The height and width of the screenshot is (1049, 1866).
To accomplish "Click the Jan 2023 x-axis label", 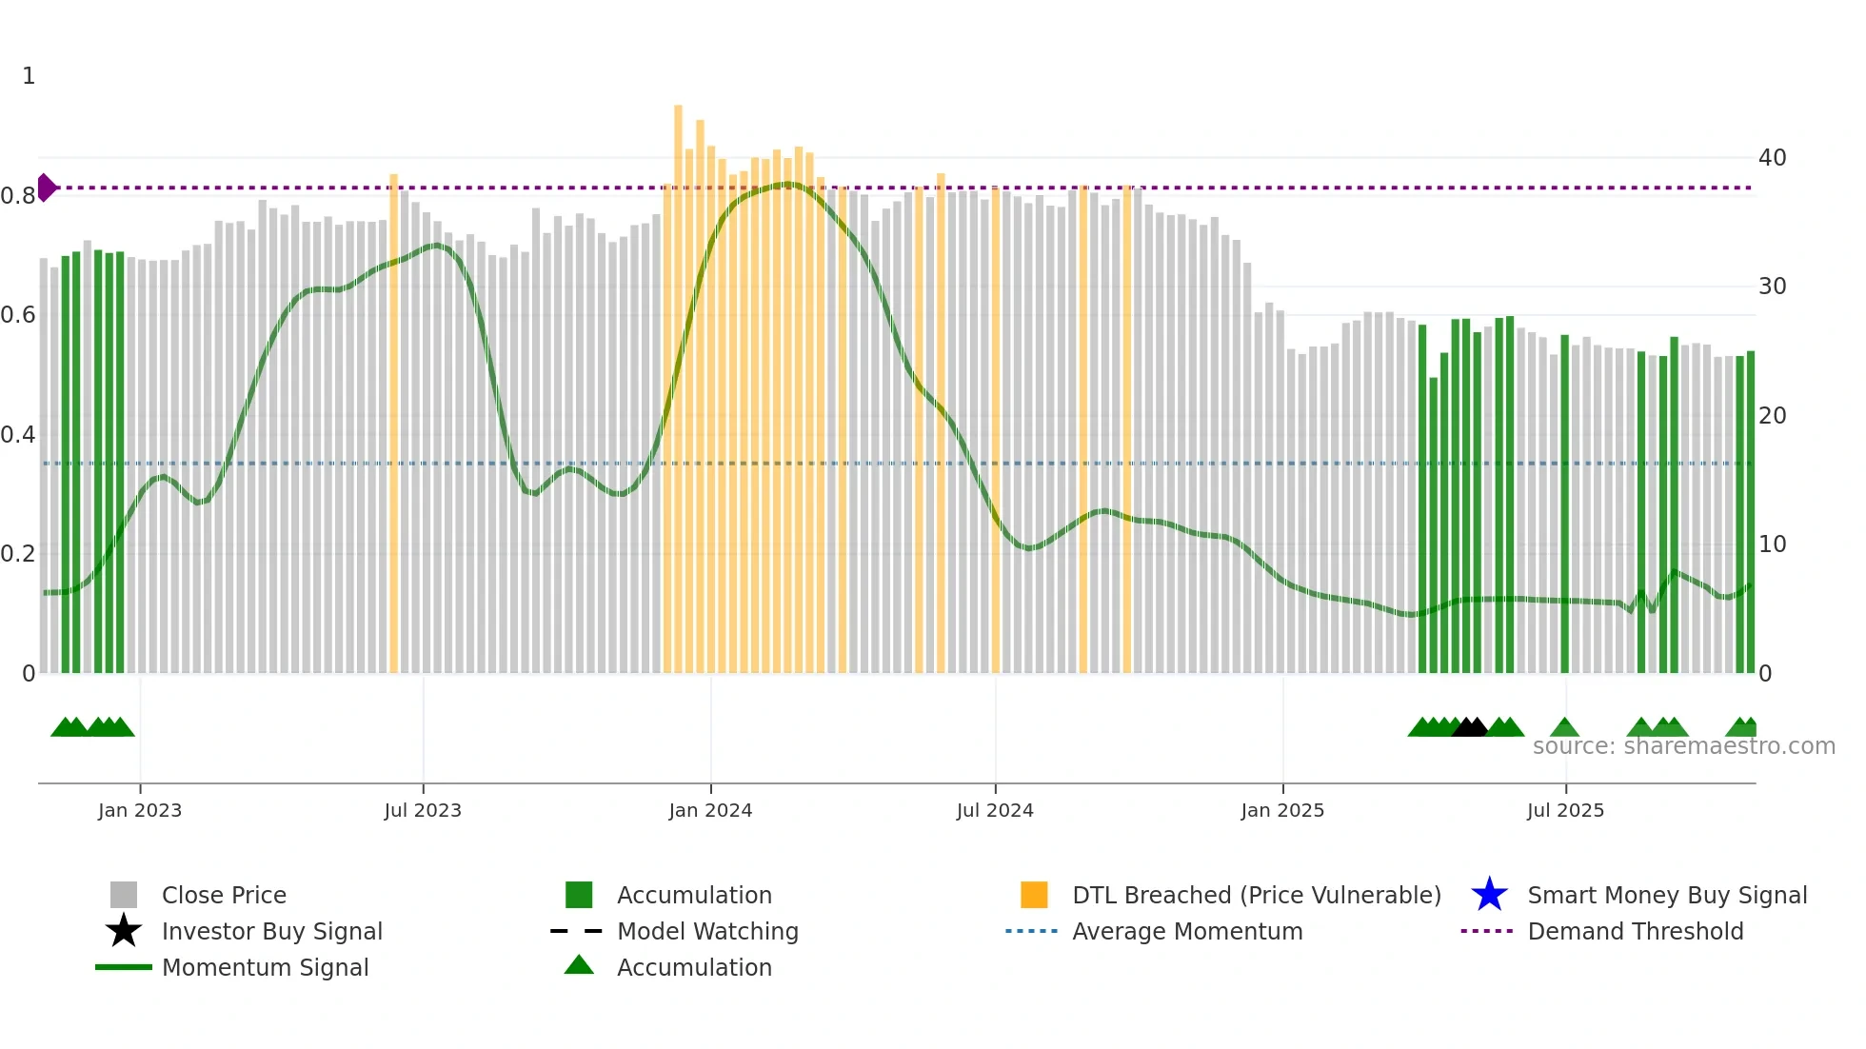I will pos(140,811).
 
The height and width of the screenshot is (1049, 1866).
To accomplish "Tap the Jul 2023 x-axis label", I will pos(423,811).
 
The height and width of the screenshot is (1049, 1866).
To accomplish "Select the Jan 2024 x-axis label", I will pos(710,811).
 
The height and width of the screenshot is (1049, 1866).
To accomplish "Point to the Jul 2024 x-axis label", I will pos(995,811).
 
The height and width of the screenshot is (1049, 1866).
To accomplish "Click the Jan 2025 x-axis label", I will pos(1282,811).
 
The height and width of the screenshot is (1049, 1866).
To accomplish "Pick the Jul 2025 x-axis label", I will pos(1565,811).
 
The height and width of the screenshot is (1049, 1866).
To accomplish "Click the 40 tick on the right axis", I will pos(1772,158).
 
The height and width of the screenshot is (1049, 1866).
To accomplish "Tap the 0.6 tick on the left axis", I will pos(18,315).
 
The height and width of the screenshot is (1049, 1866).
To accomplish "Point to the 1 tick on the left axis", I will pos(29,76).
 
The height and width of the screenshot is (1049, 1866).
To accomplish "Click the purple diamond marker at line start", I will pos(46,188).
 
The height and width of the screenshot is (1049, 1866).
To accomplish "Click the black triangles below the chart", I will pos(1470,727).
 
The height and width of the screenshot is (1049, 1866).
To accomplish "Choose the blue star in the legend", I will pos(1489,895).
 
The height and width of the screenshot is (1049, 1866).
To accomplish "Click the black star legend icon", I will pos(124,931).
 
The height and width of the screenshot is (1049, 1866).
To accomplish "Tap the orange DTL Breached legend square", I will pos(1034,895).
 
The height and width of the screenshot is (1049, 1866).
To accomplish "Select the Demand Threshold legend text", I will pos(1635,931).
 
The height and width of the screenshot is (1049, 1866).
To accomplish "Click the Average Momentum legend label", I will pos(1186,931).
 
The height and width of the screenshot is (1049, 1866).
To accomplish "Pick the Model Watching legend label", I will pos(707,931).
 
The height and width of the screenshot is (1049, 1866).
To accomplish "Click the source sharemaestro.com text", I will pos(1683,746).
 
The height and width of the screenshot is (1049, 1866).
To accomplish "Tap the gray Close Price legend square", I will pos(124,895).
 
